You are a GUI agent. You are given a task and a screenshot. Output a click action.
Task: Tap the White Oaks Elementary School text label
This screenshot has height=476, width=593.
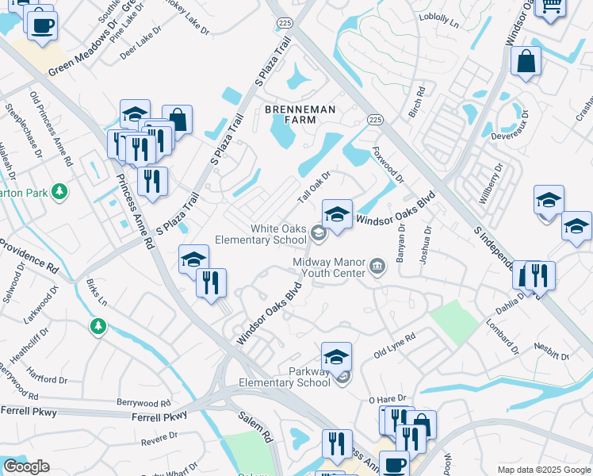[278, 234]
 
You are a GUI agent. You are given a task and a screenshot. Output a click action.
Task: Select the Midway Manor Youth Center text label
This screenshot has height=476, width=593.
[329, 267]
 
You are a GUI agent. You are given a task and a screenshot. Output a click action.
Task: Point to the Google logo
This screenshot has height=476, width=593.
[26, 466]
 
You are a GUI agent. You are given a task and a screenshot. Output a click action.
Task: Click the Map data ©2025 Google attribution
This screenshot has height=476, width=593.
[544, 470]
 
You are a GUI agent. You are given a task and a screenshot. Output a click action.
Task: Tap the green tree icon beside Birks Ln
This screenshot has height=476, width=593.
[98, 326]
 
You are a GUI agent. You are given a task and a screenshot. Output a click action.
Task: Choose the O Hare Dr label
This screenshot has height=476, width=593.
[387, 398]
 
